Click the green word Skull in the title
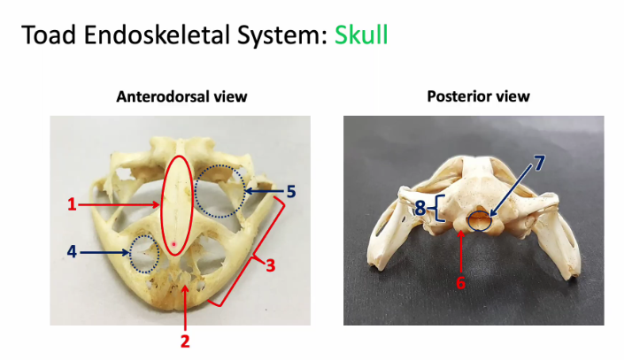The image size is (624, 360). (x=361, y=35)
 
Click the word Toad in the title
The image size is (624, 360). (x=48, y=35)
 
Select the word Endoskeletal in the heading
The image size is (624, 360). (x=158, y=35)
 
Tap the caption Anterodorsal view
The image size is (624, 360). (x=181, y=96)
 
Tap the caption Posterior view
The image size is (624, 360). (x=478, y=96)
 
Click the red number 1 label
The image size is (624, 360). (x=72, y=204)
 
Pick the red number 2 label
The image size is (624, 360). (x=185, y=341)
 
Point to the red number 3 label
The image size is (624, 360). (x=271, y=265)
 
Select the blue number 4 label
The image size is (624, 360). (x=72, y=252)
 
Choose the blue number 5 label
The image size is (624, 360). (x=291, y=192)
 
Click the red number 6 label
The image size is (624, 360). (x=460, y=283)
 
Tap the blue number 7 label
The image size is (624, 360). (x=538, y=163)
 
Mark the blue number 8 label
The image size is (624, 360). (x=420, y=209)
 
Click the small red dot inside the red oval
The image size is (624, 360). (x=173, y=244)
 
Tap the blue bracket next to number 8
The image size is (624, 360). (x=438, y=209)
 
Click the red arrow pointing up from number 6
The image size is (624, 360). (x=461, y=252)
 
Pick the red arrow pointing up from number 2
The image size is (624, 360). (x=185, y=308)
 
